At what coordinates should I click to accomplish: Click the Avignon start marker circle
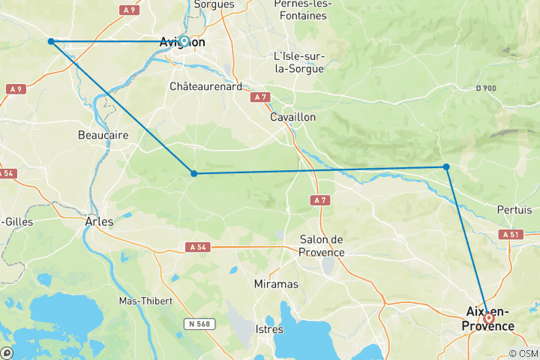click(184, 41)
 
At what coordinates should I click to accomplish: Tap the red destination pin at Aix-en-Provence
click(489, 318)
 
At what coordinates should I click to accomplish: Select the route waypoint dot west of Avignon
click(51, 41)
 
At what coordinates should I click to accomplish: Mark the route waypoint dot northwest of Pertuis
click(446, 166)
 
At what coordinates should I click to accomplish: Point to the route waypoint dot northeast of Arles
click(194, 173)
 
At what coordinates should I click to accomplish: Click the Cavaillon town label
click(293, 118)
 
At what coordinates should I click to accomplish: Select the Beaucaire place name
click(103, 135)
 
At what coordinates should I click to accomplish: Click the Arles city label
click(99, 222)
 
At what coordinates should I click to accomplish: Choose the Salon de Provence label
click(321, 245)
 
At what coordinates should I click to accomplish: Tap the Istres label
click(269, 329)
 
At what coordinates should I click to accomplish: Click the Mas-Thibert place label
click(145, 301)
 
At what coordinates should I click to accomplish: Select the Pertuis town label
click(514, 210)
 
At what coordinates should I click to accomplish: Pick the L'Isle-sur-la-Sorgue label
click(298, 62)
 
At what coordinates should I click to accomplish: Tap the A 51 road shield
click(510, 234)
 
